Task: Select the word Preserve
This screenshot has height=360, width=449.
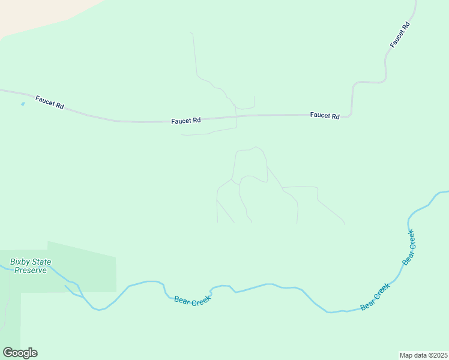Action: (x=30, y=271)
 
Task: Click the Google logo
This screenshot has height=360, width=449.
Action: (x=20, y=353)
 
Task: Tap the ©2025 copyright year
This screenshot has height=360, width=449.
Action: (x=438, y=355)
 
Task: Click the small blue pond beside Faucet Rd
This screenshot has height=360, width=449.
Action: (x=23, y=104)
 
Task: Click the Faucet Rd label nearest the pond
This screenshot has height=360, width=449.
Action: (x=49, y=102)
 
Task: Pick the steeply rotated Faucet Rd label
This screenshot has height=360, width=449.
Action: (x=400, y=34)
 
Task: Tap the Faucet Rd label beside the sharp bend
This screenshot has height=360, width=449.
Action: (x=325, y=116)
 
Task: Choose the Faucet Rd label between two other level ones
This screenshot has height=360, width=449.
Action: (x=185, y=121)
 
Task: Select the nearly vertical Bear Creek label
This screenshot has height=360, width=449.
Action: (x=409, y=247)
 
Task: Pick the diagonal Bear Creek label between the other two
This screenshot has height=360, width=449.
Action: (x=375, y=296)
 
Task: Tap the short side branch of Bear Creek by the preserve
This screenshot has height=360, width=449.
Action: (x=73, y=293)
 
